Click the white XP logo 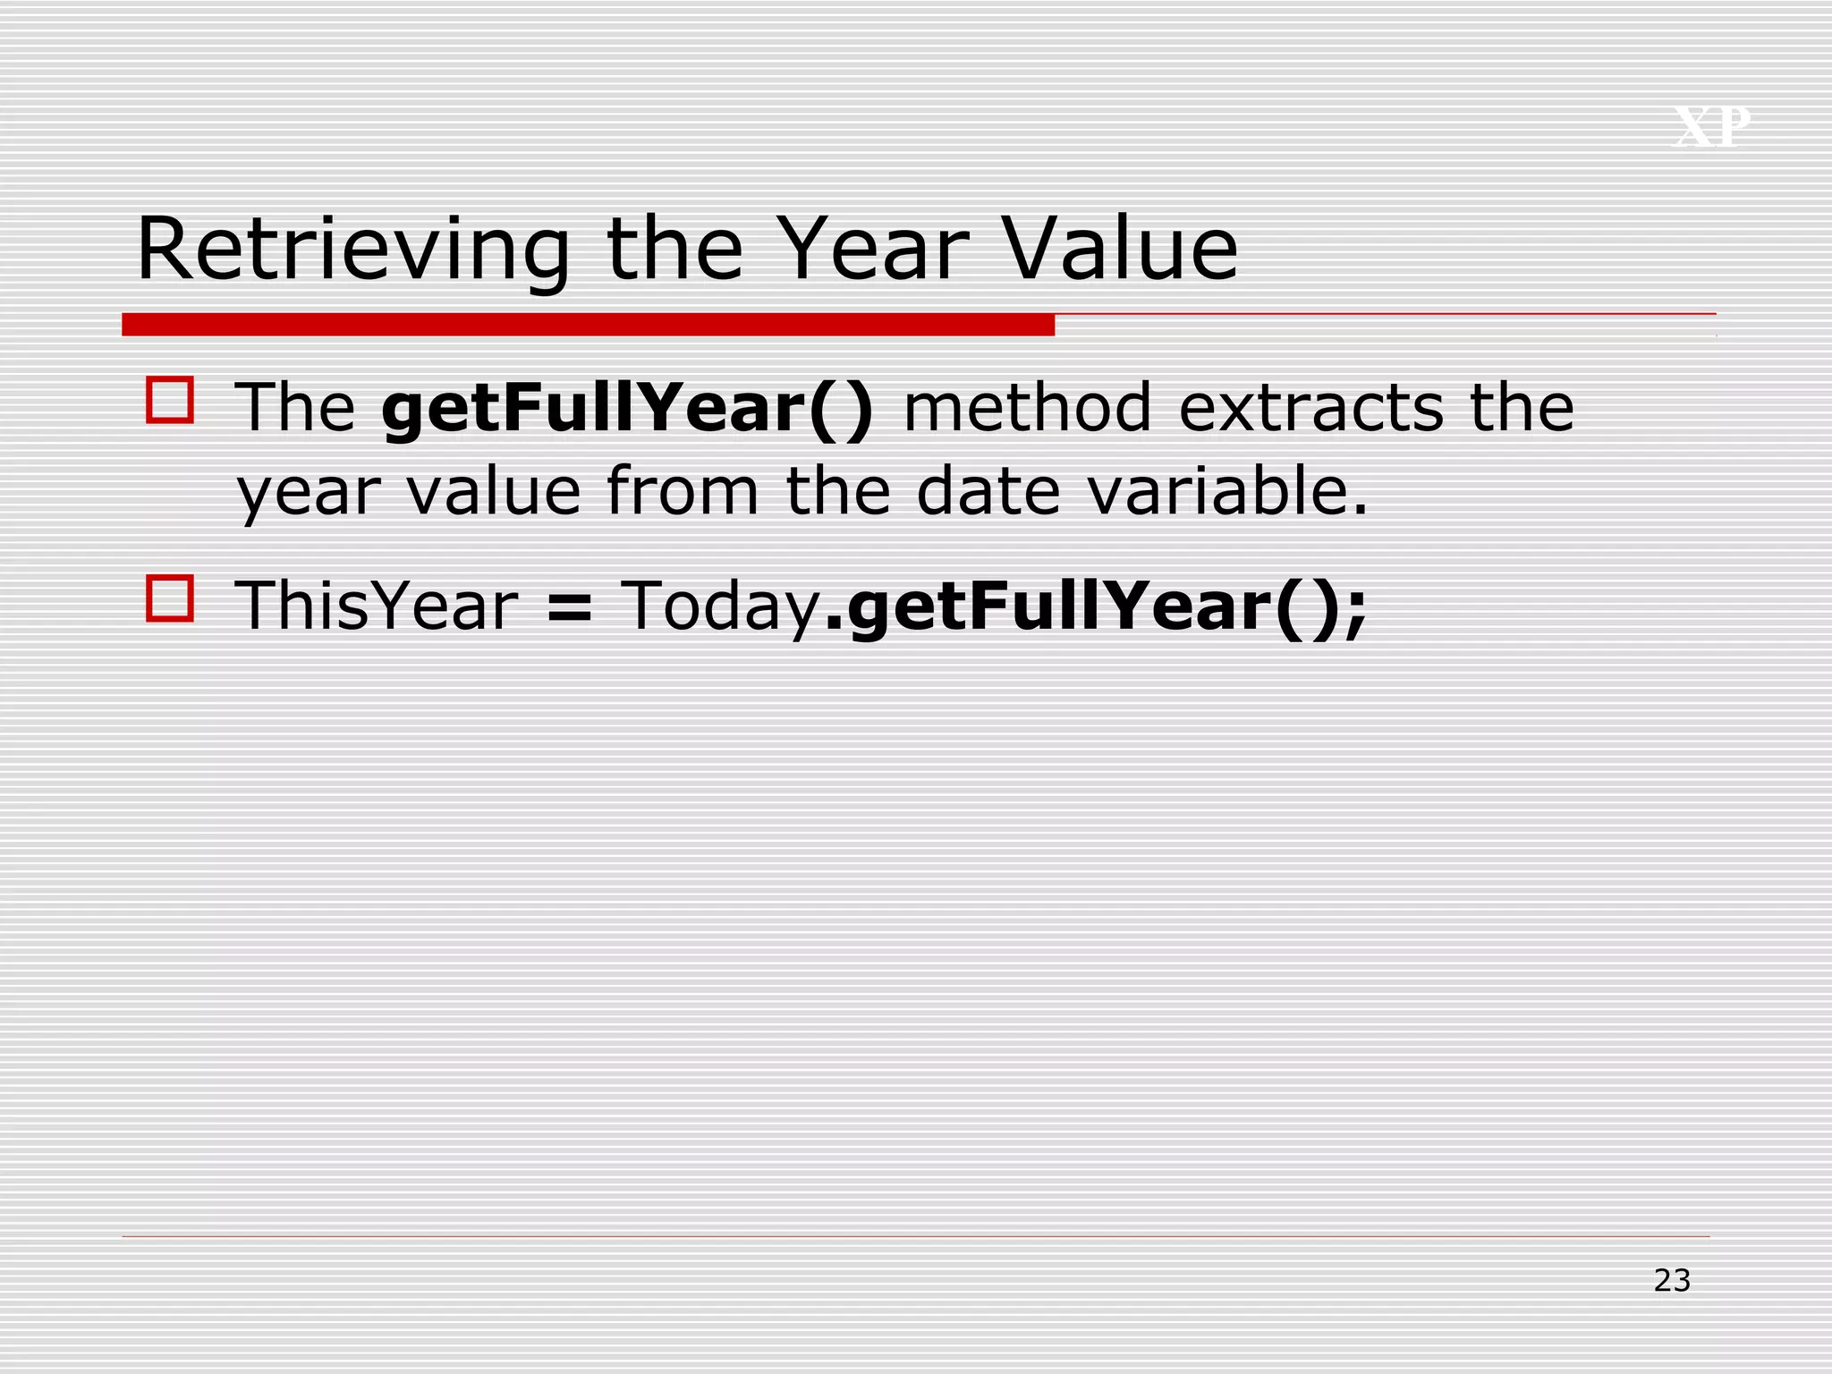tap(1711, 127)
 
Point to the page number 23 tap(1672, 1281)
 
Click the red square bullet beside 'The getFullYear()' tap(170, 400)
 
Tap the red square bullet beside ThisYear tap(170, 598)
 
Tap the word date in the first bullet tap(988, 491)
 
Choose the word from tap(683, 491)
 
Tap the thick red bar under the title tap(588, 325)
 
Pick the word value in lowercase tap(494, 491)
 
